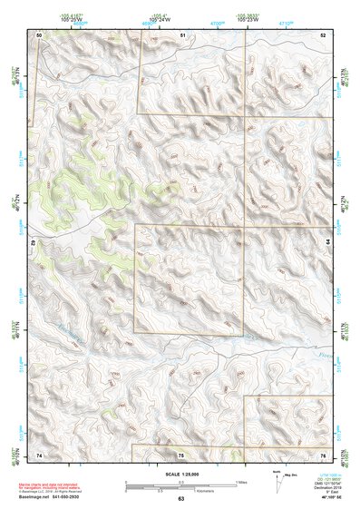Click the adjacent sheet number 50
[39, 34]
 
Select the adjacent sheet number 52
[323, 34]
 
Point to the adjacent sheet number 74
[39, 454]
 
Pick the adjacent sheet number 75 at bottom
[180, 454]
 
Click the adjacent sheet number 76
[323, 454]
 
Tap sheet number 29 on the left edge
[33, 243]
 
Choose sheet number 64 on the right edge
[328, 243]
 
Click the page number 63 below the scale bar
[180, 499]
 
